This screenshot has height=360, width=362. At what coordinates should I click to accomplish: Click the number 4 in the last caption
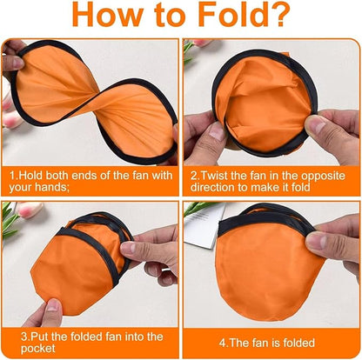[x=225, y=343]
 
